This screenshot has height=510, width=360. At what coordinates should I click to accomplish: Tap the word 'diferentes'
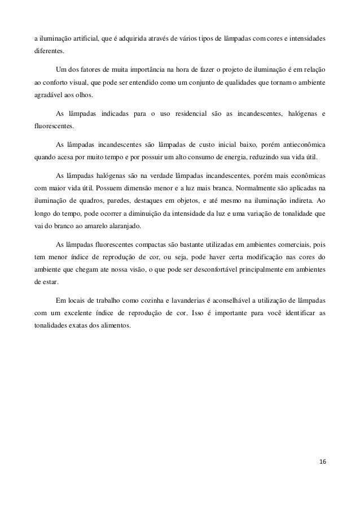[49, 50]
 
